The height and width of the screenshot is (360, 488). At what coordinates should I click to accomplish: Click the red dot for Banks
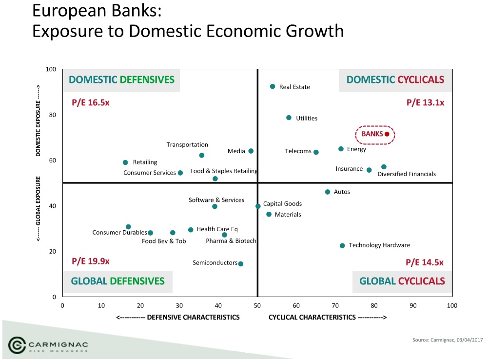click(x=387, y=134)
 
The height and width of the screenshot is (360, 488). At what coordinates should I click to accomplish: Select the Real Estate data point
click(x=273, y=86)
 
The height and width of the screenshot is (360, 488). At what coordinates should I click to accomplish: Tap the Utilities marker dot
click(x=289, y=118)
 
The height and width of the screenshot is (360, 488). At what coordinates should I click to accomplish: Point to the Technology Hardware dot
click(x=342, y=246)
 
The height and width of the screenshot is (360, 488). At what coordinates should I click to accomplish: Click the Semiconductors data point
click(x=240, y=264)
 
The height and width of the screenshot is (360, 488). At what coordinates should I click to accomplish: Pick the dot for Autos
click(x=328, y=192)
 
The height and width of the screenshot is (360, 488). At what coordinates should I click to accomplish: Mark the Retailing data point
click(x=125, y=162)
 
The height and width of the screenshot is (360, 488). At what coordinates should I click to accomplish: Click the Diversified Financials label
click(x=407, y=174)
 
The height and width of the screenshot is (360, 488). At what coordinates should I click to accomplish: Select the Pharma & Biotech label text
click(x=231, y=241)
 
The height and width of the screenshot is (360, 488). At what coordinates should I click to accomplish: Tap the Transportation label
click(x=187, y=145)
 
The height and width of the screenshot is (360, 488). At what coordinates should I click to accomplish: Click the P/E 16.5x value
click(x=91, y=103)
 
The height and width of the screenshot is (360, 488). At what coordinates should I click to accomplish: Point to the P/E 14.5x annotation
click(x=425, y=262)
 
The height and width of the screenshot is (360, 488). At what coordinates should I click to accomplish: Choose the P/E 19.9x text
click(x=91, y=261)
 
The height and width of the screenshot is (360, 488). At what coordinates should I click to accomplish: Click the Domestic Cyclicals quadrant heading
click(x=395, y=80)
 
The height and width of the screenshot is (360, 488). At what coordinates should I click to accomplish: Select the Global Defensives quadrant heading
click(x=117, y=281)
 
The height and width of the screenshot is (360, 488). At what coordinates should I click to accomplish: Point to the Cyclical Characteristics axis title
click(x=328, y=318)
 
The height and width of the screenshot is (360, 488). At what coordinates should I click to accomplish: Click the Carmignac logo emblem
click(x=18, y=345)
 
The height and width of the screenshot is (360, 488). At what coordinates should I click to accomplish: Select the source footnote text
click(x=448, y=340)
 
